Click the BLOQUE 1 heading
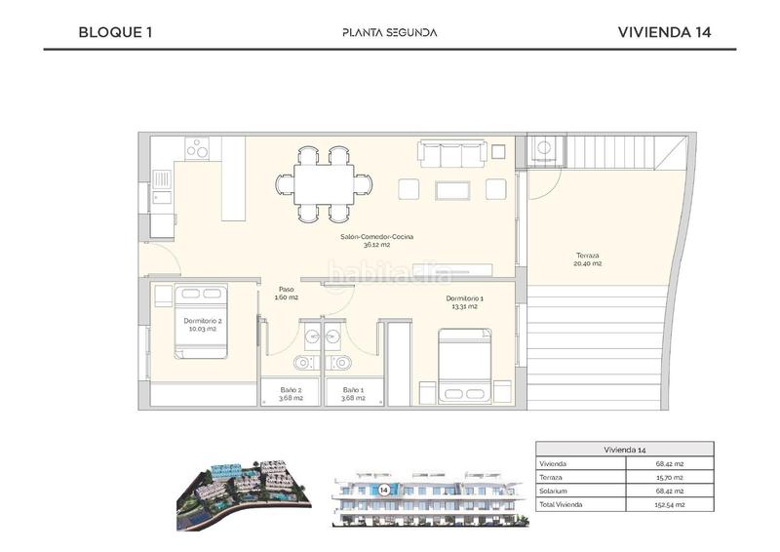(115, 31)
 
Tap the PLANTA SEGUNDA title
(389, 32)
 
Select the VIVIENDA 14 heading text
(664, 31)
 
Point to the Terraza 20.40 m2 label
(587, 259)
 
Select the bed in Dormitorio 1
(464, 365)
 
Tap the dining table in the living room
(323, 184)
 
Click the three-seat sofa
(451, 154)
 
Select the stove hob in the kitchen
(198, 148)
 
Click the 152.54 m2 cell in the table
(670, 505)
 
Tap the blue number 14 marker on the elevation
(384, 488)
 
